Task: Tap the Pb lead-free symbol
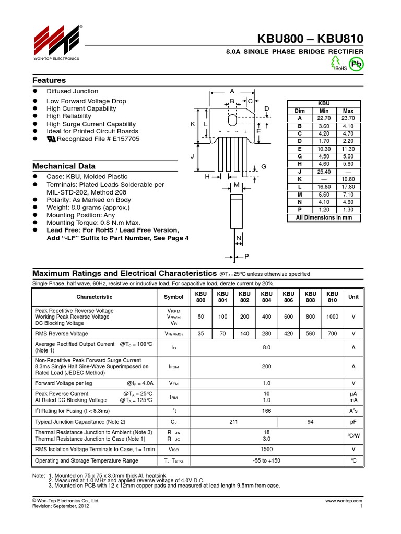357,64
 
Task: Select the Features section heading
49,80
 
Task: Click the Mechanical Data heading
64,166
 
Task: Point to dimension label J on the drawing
192,156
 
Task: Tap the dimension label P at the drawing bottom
246,257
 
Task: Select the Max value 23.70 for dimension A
348,118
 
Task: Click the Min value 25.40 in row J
324,172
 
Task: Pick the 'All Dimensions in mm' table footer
324,217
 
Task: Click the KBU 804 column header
266,297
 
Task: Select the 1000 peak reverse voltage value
332,317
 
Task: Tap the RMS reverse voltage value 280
266,334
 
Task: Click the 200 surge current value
266,367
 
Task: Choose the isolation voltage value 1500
266,449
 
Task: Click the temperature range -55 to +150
266,460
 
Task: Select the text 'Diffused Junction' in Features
72,91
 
